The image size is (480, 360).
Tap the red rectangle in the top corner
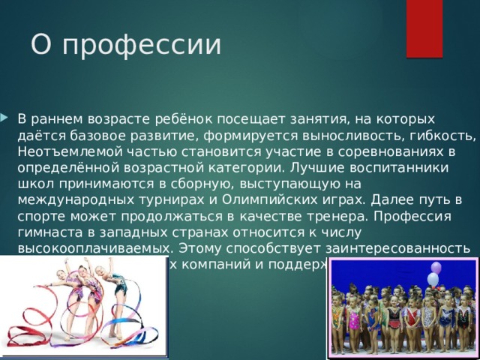tap(424, 26)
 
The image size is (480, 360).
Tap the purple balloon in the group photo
tap(436, 268)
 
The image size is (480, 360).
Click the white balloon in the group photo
tap(432, 280)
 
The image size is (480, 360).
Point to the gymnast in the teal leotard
tap(116, 289)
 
